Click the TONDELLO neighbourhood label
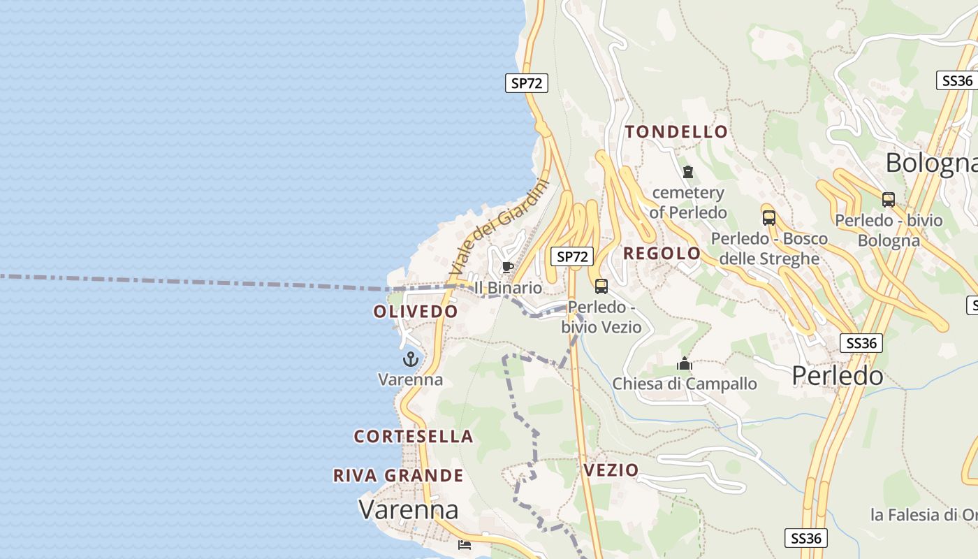pyautogui.click(x=676, y=131)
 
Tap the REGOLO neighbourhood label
pyautogui.click(x=662, y=253)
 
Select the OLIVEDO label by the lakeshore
pyautogui.click(x=416, y=312)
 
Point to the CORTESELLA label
pyautogui.click(x=414, y=437)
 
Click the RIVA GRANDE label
pyautogui.click(x=398, y=476)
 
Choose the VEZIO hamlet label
pyautogui.click(x=611, y=470)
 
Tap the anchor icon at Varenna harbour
pyautogui.click(x=411, y=360)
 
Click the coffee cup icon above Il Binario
pyautogui.click(x=508, y=268)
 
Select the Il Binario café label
pyautogui.click(x=508, y=288)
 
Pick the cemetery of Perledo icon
pyautogui.click(x=688, y=172)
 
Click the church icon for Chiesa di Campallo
pyautogui.click(x=685, y=363)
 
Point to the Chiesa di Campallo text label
pyautogui.click(x=685, y=384)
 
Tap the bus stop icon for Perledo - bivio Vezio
pyautogui.click(x=601, y=286)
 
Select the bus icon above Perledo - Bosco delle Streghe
pyautogui.click(x=769, y=217)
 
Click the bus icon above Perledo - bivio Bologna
pyautogui.click(x=889, y=200)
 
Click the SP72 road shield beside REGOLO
pyautogui.click(x=573, y=256)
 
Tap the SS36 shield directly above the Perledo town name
pyautogui.click(x=861, y=343)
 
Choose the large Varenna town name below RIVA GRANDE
pyautogui.click(x=409, y=509)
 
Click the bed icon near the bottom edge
pyautogui.click(x=465, y=544)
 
